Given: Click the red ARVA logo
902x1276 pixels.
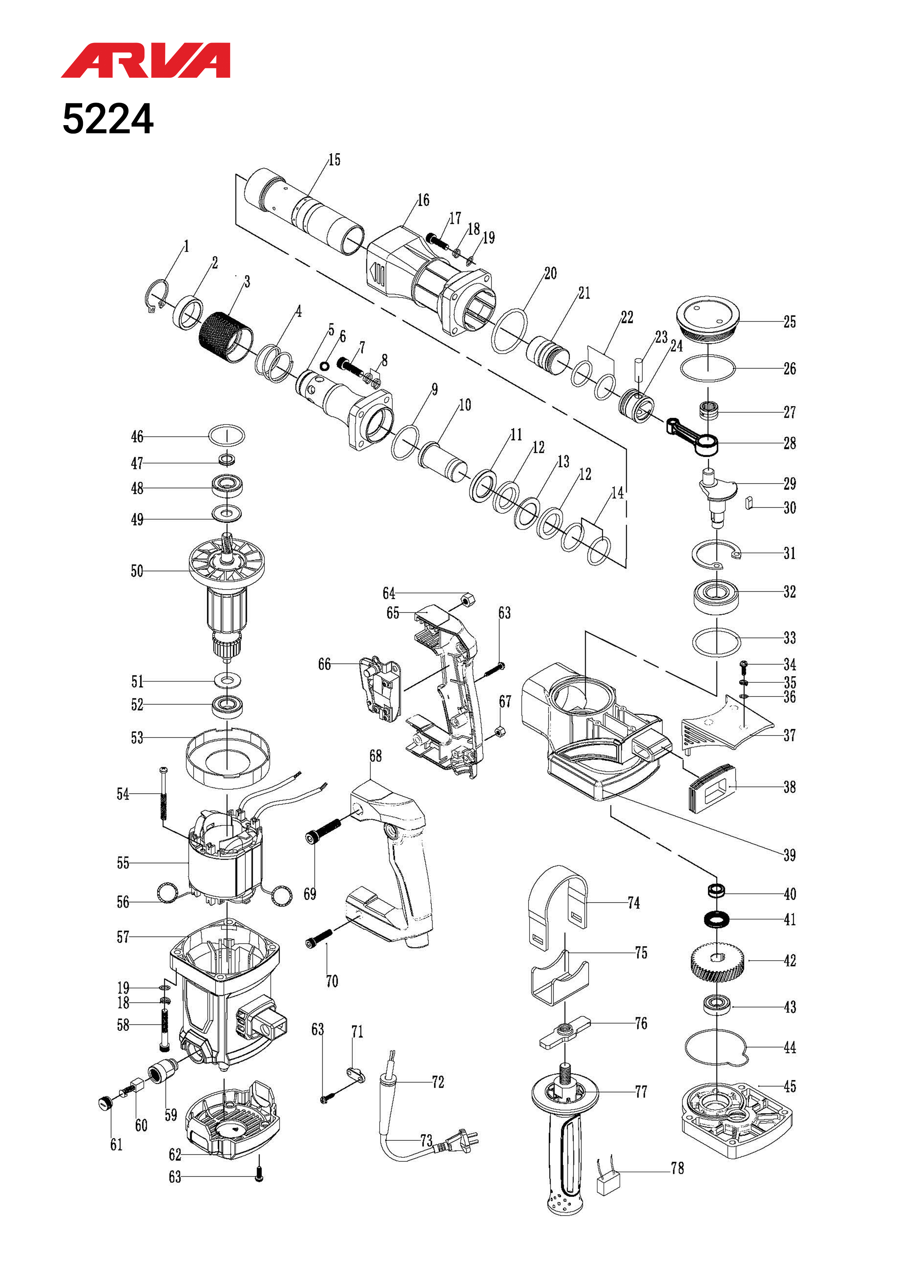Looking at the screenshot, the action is click(x=145, y=60).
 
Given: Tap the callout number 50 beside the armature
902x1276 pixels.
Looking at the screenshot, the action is click(x=137, y=571).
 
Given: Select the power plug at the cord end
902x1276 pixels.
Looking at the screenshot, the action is click(x=459, y=1141).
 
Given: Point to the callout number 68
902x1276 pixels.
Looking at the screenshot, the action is click(x=376, y=756).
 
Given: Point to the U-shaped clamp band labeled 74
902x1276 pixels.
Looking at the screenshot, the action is click(x=557, y=904).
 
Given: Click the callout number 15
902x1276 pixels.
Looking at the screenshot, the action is click(x=334, y=160).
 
